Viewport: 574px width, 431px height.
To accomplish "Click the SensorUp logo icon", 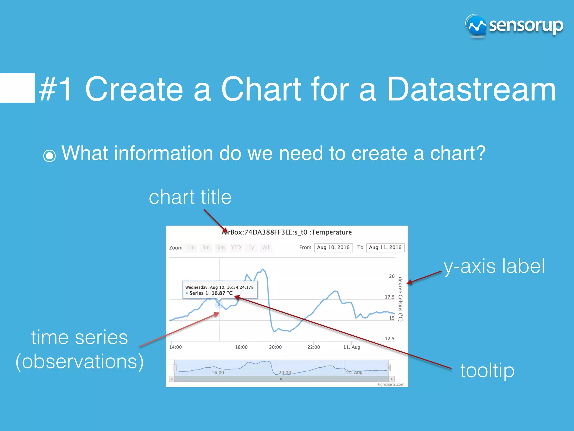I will (476, 26).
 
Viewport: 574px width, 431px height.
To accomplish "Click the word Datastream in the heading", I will (471, 89).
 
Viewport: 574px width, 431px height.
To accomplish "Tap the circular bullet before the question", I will (50, 156).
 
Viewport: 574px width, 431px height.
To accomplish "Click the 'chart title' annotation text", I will (190, 197).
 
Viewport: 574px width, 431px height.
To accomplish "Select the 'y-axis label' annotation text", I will (494, 266).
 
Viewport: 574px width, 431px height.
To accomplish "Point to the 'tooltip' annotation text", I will (487, 370).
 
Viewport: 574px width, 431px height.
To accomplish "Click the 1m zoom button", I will (191, 247).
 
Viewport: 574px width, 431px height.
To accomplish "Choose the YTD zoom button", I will (236, 247).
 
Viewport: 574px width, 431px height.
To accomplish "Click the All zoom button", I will (266, 247).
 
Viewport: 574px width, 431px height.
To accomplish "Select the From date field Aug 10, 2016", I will (333, 247).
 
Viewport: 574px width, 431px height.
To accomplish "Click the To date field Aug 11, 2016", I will (385, 247).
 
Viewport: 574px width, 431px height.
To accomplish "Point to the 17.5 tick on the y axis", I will (389, 297).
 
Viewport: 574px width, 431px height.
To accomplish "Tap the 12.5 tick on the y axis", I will (389, 339).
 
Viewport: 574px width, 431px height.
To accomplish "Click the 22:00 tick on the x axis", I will (313, 347).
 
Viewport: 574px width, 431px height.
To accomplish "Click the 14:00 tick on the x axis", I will (175, 347).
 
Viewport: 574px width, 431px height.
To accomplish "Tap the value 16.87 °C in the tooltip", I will (222, 293).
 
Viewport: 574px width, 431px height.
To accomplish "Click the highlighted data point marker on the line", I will (219, 304).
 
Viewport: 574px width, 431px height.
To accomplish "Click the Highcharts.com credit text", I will (390, 384).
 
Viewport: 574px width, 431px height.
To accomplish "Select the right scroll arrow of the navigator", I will (392, 379).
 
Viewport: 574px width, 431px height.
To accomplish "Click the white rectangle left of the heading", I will (17, 88).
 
